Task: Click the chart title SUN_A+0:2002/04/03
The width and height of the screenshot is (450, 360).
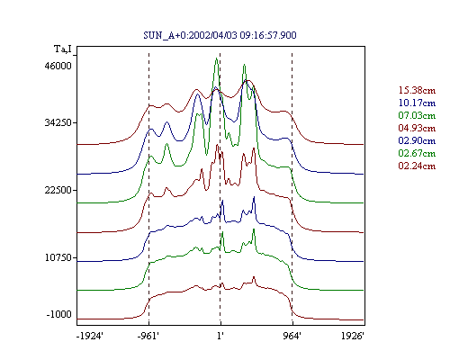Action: point(190,35)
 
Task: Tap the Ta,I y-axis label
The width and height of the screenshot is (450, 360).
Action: point(63,49)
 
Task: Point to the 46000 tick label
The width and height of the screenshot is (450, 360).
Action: point(58,66)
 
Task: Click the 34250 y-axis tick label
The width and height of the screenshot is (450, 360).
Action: point(58,122)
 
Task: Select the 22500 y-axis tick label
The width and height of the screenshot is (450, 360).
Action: point(58,190)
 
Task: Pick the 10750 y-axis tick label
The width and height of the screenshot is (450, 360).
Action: point(58,257)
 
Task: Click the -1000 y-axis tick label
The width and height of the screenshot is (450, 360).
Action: point(59,314)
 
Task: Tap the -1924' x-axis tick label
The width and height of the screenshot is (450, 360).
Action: point(90,336)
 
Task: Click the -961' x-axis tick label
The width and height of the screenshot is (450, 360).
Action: point(148,336)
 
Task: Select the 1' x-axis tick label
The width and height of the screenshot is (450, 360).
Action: point(220,336)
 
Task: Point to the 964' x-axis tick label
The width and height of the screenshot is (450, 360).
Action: point(292,336)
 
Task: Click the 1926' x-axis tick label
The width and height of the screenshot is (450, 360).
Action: point(353,336)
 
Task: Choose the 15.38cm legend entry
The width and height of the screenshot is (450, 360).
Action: point(417,90)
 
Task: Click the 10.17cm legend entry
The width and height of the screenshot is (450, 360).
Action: point(417,103)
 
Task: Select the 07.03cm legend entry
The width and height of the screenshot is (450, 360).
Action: point(417,115)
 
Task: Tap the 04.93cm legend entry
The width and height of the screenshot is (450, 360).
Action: point(417,128)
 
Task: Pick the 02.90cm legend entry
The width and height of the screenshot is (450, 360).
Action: point(417,140)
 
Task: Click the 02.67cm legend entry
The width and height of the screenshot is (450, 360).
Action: point(417,153)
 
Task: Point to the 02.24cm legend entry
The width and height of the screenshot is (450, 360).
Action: point(417,166)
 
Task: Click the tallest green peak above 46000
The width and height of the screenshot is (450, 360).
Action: point(216,58)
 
